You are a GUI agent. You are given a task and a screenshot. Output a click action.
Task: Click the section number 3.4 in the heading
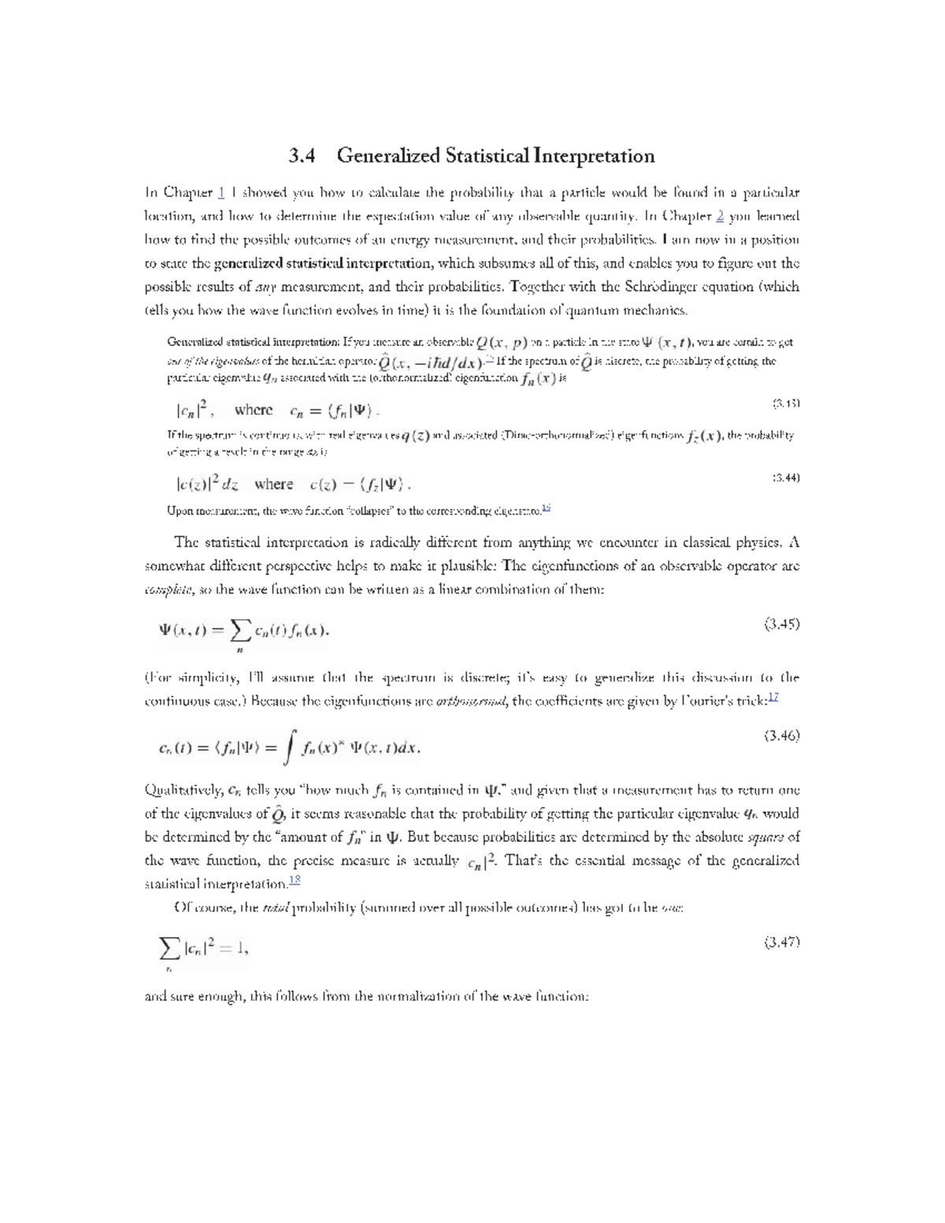[302, 156]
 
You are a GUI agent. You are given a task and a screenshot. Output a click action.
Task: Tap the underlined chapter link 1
[222, 192]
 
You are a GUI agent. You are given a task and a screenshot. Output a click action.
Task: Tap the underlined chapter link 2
[720, 216]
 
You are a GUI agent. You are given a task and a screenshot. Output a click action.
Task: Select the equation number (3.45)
[781, 624]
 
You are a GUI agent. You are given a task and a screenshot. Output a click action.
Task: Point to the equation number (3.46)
[781, 736]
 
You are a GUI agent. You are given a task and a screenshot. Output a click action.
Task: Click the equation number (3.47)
[781, 942]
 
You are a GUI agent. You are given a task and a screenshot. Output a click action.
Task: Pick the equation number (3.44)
[786, 477]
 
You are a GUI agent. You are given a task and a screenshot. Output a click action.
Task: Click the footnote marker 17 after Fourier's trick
[773, 698]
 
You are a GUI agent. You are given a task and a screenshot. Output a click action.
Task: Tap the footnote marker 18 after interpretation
[295, 880]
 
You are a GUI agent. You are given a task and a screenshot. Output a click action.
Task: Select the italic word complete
[168, 590]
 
